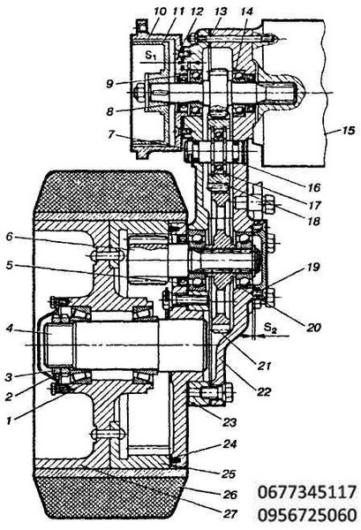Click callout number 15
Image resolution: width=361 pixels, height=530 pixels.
(x=347, y=131)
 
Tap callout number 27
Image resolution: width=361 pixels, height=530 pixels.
(x=230, y=514)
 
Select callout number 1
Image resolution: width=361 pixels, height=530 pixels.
(x=11, y=420)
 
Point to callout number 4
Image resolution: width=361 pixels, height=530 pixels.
(x=10, y=328)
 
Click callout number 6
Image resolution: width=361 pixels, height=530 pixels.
(x=10, y=236)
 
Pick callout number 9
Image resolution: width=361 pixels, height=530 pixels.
(x=109, y=83)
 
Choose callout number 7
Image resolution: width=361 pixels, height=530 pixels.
(x=110, y=134)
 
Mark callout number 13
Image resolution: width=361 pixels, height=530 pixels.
(x=221, y=11)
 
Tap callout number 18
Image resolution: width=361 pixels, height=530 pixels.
(x=313, y=221)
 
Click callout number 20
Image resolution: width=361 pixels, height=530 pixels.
(x=313, y=327)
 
